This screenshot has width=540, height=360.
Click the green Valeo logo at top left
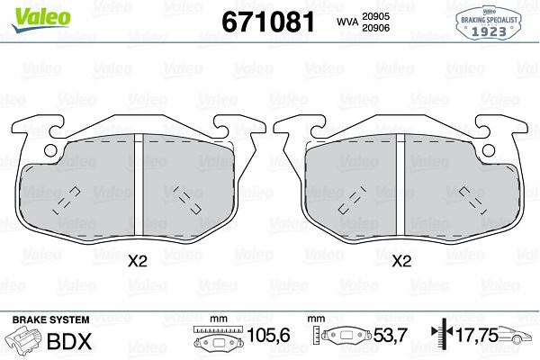pos(41,19)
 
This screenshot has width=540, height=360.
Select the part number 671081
pos(268,22)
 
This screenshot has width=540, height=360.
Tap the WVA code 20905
pos(375,16)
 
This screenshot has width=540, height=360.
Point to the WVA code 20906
pos(375,28)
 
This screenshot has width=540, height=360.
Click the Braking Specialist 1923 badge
pos(489,22)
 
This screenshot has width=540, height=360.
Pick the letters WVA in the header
pos(347,22)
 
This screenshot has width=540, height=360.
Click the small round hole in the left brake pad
pos(50,150)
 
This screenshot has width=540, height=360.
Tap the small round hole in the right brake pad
pos(489,150)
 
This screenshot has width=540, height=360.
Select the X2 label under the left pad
pos(138,262)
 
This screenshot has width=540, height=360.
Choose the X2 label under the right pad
pos(401,262)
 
